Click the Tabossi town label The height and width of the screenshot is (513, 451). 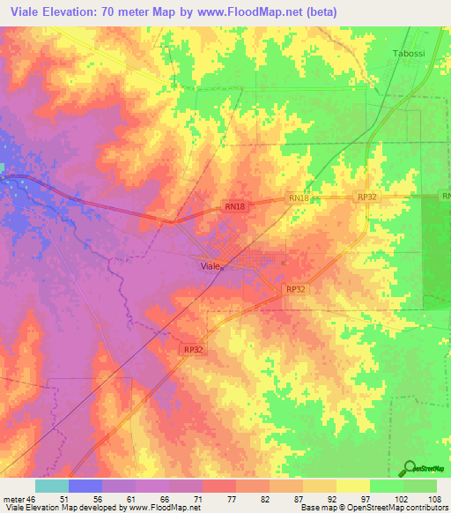[407, 55]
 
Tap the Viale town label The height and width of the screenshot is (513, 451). [210, 265]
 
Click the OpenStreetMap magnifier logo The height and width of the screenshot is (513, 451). [411, 468]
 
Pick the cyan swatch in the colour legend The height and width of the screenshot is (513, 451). [52, 486]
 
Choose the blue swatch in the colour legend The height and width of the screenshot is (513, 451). [85, 486]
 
